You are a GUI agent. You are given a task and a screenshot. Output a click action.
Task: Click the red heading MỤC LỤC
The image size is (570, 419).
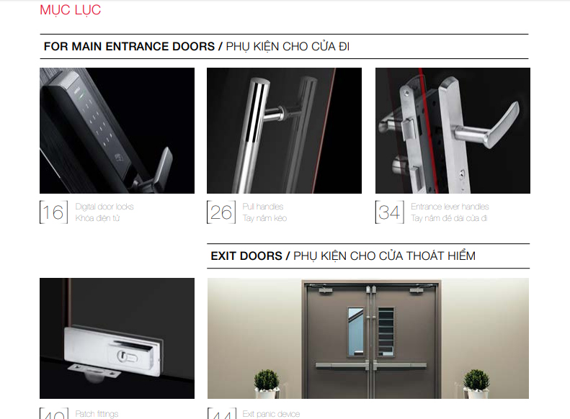71,10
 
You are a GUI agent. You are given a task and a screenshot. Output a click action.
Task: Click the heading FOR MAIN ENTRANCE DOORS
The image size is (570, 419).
129,46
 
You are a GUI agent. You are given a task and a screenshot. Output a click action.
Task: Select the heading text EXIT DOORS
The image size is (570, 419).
246,256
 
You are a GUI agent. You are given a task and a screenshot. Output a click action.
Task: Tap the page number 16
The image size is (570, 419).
53,212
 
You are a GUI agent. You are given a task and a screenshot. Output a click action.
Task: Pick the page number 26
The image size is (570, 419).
221,212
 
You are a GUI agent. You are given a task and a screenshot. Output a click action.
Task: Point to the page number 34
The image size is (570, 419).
390,212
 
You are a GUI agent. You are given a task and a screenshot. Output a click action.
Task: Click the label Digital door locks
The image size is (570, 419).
104,207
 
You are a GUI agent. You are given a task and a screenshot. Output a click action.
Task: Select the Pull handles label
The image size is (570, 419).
263,207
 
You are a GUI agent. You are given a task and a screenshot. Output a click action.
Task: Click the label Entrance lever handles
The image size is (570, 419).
450,207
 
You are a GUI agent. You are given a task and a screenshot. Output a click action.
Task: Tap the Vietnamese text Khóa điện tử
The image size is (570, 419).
97,218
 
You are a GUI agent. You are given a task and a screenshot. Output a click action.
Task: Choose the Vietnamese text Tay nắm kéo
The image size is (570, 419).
264,218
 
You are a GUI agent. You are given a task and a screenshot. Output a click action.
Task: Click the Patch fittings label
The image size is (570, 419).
97,414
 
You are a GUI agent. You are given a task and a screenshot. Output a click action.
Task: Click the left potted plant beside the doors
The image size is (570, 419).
267,382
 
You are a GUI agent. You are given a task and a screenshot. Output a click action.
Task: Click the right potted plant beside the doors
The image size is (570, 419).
476,382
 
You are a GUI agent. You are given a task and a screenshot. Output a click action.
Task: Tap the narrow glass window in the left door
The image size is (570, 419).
356,331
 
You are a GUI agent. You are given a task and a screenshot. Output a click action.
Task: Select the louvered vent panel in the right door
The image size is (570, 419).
386,330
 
